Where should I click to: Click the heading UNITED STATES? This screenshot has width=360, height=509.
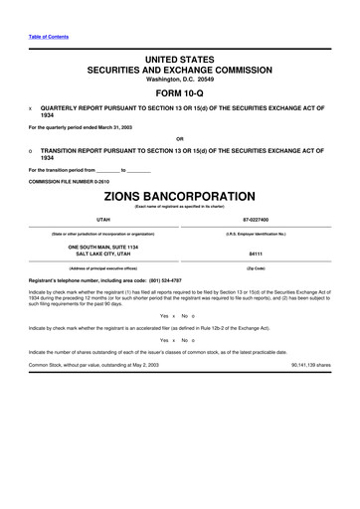click(x=179, y=61)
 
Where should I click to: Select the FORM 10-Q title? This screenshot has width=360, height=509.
click(x=179, y=94)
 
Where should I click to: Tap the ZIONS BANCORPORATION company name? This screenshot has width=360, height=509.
click(x=180, y=196)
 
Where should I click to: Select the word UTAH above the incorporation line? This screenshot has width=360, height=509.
click(x=103, y=219)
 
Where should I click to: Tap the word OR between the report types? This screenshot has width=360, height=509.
click(x=179, y=137)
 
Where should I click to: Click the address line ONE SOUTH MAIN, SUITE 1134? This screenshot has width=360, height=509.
click(x=103, y=246)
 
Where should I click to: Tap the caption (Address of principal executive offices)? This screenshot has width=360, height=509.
click(x=103, y=268)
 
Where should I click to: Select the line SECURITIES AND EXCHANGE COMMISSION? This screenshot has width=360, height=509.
click(x=179, y=71)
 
